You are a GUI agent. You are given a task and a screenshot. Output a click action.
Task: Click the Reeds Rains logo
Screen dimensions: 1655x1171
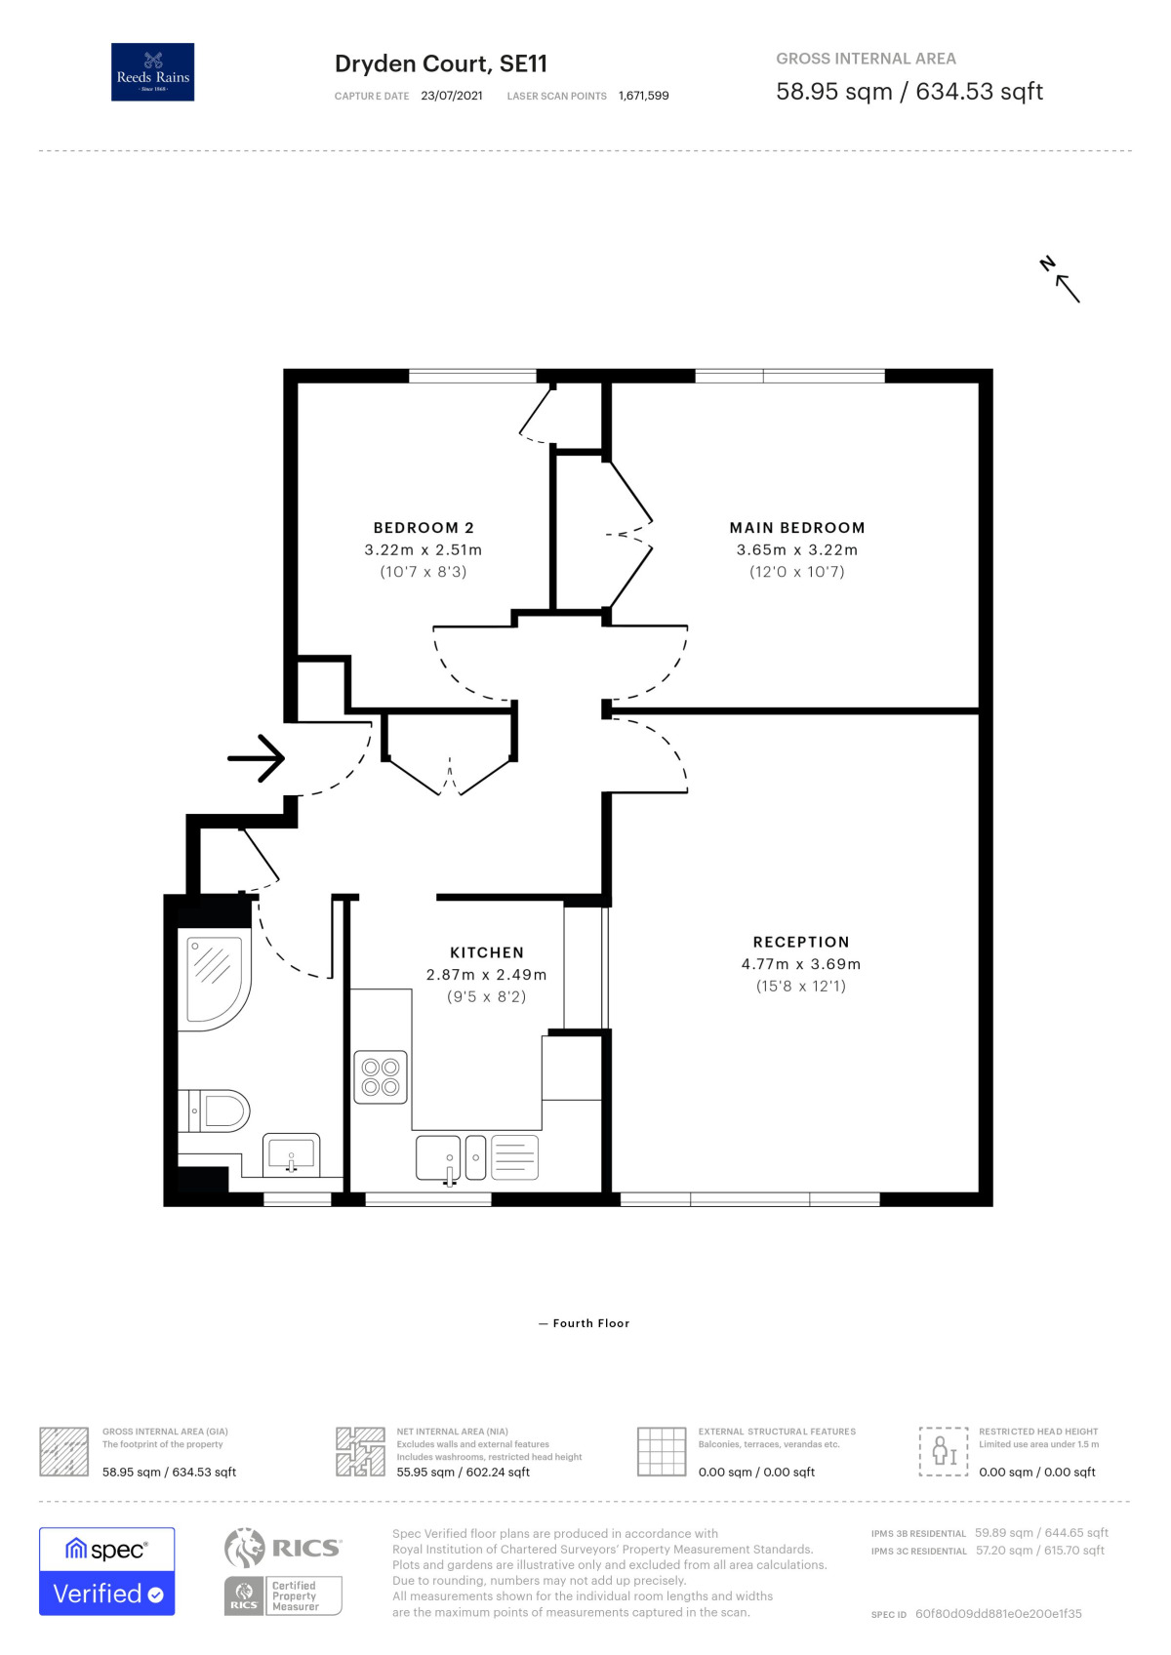click(152, 72)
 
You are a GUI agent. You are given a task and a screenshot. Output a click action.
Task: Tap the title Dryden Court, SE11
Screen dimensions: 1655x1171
click(440, 64)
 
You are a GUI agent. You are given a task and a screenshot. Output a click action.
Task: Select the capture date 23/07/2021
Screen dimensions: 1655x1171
click(452, 96)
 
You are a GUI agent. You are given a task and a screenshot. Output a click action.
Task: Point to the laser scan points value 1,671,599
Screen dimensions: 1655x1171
click(643, 96)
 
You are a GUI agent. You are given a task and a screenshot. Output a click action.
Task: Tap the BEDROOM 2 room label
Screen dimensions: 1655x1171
click(424, 528)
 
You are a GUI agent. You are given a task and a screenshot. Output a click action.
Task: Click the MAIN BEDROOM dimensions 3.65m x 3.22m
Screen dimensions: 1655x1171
click(796, 550)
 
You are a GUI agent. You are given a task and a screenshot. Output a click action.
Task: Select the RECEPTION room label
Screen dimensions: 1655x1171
click(801, 942)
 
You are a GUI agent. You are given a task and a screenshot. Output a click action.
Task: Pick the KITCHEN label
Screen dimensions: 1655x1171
click(487, 952)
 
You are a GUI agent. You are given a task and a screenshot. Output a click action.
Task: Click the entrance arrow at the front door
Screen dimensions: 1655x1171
click(256, 758)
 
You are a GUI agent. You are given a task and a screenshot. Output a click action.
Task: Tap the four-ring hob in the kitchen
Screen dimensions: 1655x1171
click(381, 1077)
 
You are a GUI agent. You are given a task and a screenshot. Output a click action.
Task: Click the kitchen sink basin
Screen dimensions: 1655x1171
click(438, 1157)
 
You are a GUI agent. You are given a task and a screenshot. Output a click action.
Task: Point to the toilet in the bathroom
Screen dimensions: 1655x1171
click(219, 1110)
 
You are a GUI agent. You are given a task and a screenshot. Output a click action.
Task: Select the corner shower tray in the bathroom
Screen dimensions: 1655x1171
click(213, 979)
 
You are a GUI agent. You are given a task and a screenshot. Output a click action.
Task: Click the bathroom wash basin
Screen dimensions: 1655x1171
click(292, 1155)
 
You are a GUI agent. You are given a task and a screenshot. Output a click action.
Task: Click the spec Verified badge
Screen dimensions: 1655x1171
click(107, 1571)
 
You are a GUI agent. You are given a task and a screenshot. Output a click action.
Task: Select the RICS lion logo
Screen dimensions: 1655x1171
click(245, 1549)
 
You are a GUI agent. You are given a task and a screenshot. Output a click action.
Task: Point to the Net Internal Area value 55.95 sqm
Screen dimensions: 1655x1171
click(463, 1473)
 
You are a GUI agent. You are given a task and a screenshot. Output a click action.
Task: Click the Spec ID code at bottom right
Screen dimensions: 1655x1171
click(997, 1614)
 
